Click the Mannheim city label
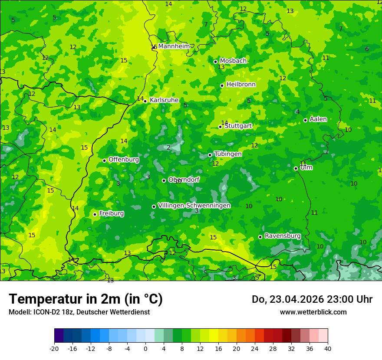tap(174, 46)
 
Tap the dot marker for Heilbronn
tap(222, 85)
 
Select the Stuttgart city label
tap(238, 126)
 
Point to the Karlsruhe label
tap(164, 100)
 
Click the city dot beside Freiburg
tap(95, 214)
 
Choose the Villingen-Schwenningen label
tap(194, 206)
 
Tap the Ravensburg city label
tap(283, 236)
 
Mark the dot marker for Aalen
tap(305, 120)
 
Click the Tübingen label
tap(228, 154)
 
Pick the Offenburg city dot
tap(104, 160)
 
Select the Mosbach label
tap(233, 61)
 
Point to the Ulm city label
tap(306, 167)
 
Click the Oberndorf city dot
tap(164, 180)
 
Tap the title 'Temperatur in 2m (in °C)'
tap(86, 299)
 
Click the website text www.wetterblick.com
tap(313, 312)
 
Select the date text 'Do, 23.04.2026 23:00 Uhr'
tap(312, 299)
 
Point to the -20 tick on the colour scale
tap(54, 348)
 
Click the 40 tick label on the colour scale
tap(328, 348)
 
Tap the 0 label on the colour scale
tap(145, 348)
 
